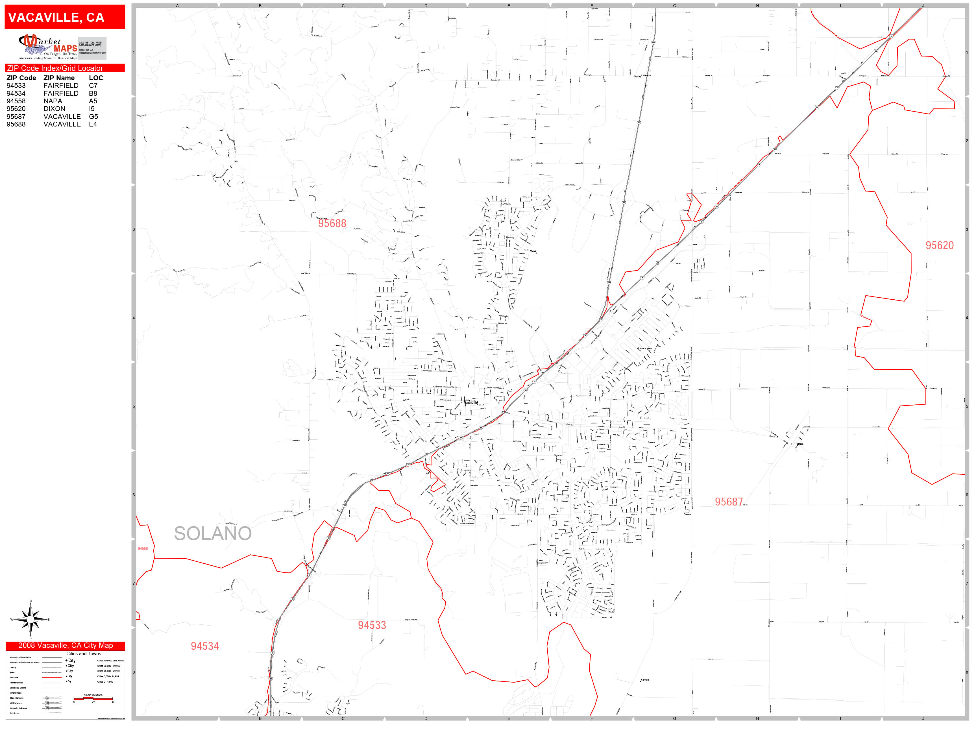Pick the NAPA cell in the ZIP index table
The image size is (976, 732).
53,101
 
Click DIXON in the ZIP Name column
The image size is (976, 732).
54,108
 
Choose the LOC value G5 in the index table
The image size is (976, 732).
93,116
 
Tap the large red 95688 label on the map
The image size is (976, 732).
332,223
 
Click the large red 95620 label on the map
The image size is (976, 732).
939,245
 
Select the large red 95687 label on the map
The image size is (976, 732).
729,502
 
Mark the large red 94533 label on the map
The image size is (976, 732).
372,625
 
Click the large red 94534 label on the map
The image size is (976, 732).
205,646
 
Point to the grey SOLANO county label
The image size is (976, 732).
213,533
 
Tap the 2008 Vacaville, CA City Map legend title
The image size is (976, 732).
65,646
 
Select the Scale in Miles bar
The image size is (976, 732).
93,698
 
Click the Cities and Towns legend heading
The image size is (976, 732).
83,653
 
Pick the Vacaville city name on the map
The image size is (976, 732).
471,402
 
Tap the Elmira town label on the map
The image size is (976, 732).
800,444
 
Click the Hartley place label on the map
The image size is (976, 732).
638,76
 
